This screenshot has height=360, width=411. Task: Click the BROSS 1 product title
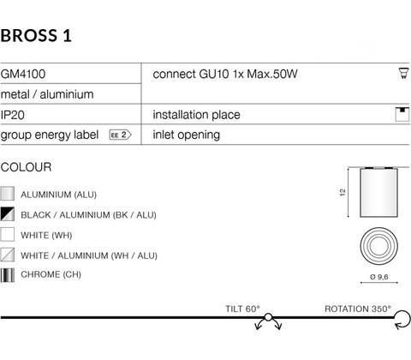pyautogui.click(x=36, y=36)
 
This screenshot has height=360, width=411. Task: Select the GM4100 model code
pyautogui.click(x=23, y=74)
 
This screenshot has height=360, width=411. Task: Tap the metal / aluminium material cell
pyautogui.click(x=47, y=94)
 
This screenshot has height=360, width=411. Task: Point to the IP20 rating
pyautogui.click(x=13, y=115)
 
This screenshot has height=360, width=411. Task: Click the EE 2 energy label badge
pyautogui.click(x=120, y=135)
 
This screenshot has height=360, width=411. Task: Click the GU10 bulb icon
pyautogui.click(x=403, y=73)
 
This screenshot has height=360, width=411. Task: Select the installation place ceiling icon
pyautogui.click(x=402, y=114)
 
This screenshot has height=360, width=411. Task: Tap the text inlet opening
pyautogui.click(x=187, y=135)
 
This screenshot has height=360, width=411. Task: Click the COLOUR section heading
pyautogui.click(x=27, y=167)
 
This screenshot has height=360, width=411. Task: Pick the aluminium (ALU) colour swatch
pyautogui.click(x=8, y=194)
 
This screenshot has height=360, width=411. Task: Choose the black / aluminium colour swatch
pyautogui.click(x=8, y=214)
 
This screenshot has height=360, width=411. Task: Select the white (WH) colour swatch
pyautogui.click(x=8, y=234)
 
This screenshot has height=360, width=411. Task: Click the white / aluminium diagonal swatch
pyautogui.click(x=8, y=255)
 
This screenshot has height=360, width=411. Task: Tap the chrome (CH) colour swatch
pyautogui.click(x=8, y=275)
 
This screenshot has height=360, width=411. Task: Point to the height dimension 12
pyautogui.click(x=342, y=192)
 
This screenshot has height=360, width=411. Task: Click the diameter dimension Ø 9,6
pyautogui.click(x=379, y=277)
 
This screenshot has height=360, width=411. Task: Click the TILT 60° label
pyautogui.click(x=242, y=309)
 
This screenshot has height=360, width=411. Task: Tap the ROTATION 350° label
pyautogui.click(x=358, y=309)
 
